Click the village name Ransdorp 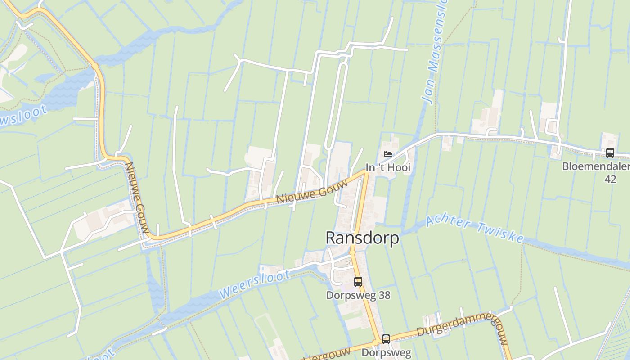pyautogui.click(x=362, y=238)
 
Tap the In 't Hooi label pyautogui.click(x=388, y=168)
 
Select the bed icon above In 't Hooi pyautogui.click(x=387, y=154)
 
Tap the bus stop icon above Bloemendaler pyautogui.click(x=610, y=153)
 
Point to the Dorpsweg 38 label pyautogui.click(x=358, y=295)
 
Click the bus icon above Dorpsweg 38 pyautogui.click(x=358, y=282)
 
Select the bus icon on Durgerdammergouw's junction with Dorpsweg pyautogui.click(x=386, y=339)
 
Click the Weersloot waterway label pyautogui.click(x=254, y=284)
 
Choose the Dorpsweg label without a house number pyautogui.click(x=386, y=353)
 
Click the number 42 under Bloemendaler pyautogui.click(x=610, y=179)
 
